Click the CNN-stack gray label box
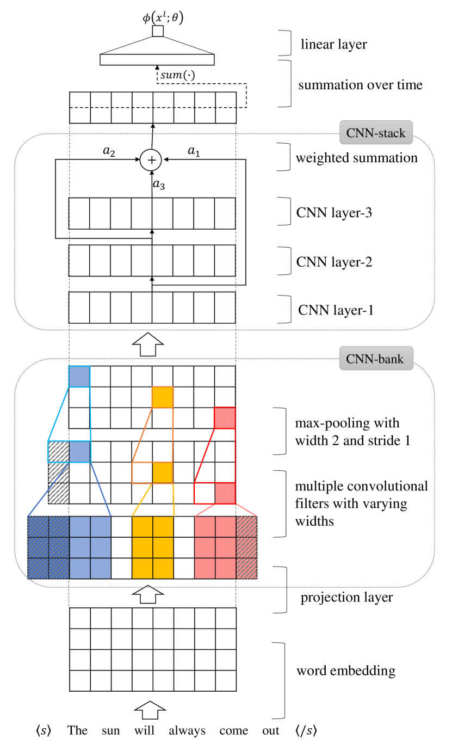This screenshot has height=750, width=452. [376, 133]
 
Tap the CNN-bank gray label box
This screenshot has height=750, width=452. [376, 358]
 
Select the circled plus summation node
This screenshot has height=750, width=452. [151, 159]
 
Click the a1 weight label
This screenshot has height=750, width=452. [194, 151]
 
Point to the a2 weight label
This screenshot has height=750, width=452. [109, 151]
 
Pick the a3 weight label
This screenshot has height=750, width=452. [159, 184]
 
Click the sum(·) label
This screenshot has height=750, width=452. [177, 75]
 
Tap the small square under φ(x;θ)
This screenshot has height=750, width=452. [158, 31]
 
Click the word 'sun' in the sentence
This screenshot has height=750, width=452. [111, 730]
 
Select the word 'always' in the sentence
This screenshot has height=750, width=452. [187, 731]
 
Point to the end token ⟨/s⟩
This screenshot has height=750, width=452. [306, 730]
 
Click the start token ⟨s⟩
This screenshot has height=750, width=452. [44, 730]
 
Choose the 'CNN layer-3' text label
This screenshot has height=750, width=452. [334, 213]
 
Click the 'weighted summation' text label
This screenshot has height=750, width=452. [357, 158]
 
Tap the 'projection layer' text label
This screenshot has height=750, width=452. [346, 597]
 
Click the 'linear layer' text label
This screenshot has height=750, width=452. [334, 44]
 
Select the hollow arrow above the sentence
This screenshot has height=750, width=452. [150, 710]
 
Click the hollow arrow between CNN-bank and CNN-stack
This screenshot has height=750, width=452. [148, 344]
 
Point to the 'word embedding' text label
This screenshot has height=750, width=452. [346, 671]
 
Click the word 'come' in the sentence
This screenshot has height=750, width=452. [234, 731]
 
